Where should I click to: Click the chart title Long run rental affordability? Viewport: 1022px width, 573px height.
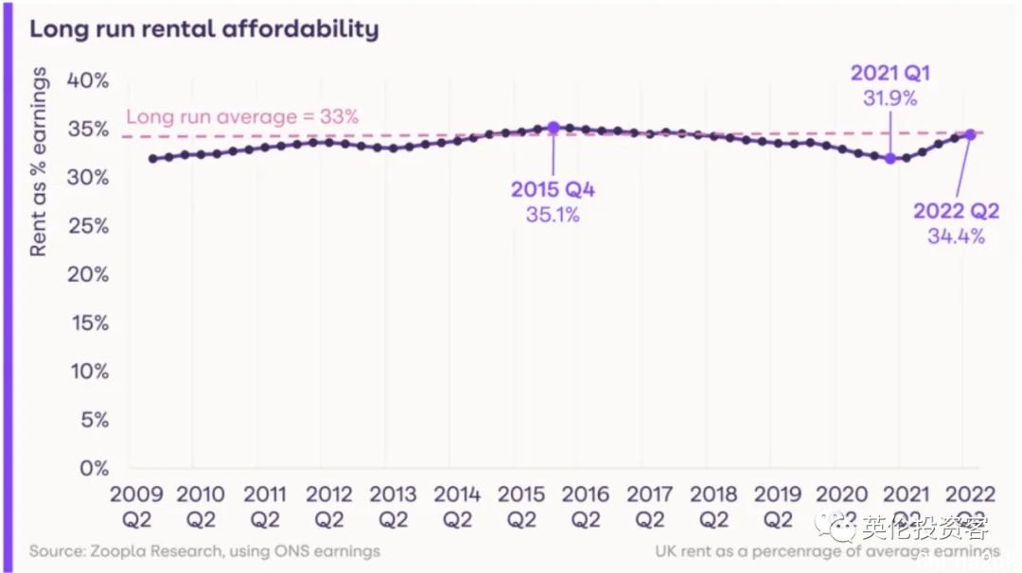(203, 28)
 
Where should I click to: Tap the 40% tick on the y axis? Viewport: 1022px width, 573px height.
(87, 79)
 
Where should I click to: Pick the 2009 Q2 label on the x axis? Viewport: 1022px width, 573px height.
(136, 506)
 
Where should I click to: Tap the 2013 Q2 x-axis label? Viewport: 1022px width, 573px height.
(393, 506)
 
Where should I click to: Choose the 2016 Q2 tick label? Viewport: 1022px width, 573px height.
(585, 506)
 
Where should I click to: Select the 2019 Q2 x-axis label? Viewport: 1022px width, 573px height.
(777, 506)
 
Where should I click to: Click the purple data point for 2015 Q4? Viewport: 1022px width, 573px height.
(554, 128)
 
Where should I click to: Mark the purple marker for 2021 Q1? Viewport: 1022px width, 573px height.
(890, 158)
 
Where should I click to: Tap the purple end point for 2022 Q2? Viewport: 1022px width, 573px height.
(970, 134)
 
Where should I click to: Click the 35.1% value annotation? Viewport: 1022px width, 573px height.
(553, 215)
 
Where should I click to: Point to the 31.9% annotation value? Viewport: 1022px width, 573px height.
(890, 96)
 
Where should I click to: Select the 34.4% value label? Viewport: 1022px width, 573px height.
(956, 236)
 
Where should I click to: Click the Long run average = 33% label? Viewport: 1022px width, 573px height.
(242, 117)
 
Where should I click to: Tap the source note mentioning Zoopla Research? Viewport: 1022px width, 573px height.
(204, 550)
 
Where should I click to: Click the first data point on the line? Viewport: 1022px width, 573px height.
(152, 158)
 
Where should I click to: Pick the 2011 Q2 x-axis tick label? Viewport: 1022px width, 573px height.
(265, 506)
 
